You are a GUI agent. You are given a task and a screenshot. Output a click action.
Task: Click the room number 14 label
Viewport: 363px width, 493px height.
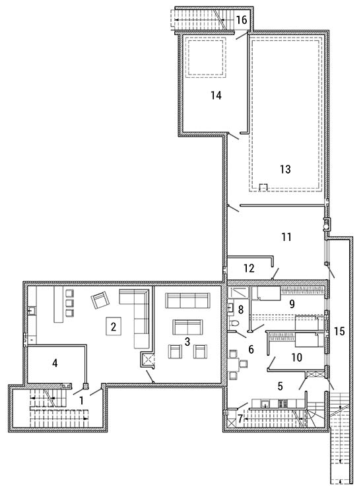[216, 95]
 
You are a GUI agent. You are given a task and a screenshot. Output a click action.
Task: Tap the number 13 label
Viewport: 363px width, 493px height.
[285, 169]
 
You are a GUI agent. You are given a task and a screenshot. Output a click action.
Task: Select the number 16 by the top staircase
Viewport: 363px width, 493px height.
[242, 20]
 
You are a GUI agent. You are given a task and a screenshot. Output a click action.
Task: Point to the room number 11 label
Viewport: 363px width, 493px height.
[286, 236]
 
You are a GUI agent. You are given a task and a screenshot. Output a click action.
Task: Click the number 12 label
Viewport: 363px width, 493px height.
[249, 268]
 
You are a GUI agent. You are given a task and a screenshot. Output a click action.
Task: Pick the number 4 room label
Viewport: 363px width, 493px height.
[55, 363]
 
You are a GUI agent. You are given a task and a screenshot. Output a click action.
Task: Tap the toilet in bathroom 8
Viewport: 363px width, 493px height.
[234, 324]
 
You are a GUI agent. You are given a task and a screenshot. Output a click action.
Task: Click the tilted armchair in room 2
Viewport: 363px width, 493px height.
[100, 300]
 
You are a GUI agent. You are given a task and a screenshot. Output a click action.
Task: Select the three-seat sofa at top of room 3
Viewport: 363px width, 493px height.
[188, 301]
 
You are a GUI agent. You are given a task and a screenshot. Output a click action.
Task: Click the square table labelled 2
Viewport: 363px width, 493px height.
[114, 327]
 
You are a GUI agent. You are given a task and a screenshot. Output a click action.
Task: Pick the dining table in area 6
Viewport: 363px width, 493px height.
[234, 364]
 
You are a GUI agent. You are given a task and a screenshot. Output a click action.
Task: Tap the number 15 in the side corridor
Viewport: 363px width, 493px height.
[340, 331]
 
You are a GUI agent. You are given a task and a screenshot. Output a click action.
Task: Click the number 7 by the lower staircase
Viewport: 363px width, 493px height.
[240, 418]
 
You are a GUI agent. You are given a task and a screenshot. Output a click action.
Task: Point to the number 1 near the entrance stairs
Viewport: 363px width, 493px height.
[81, 401]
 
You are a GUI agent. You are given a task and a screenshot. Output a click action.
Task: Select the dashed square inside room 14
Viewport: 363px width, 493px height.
[205, 57]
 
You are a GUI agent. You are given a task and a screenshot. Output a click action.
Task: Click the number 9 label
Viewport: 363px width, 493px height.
[292, 304]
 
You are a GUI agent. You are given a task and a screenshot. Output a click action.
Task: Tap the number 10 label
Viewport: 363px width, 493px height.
[297, 357]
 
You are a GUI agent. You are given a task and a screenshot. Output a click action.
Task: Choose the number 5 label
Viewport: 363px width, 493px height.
[280, 386]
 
